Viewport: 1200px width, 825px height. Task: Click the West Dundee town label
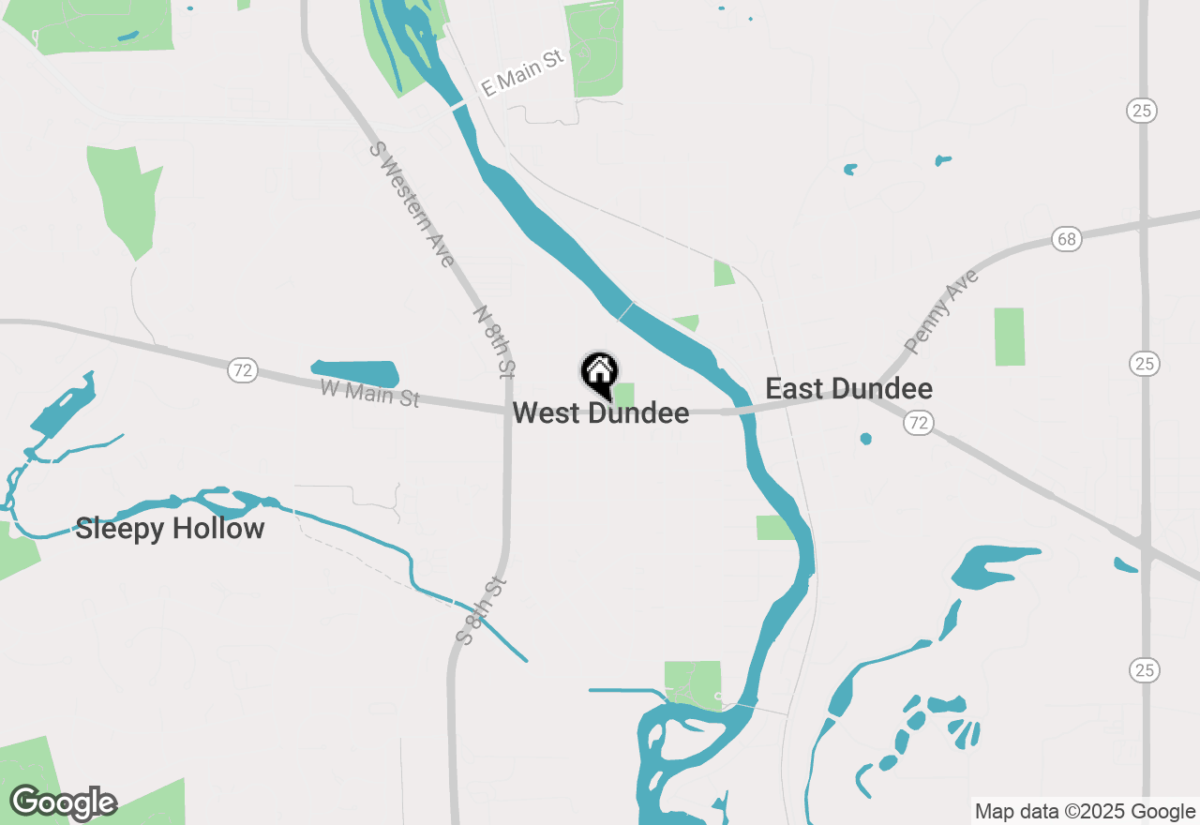click(x=601, y=412)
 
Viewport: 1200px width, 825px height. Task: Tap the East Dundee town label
click(x=848, y=388)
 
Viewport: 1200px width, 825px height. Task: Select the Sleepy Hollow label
click(x=170, y=529)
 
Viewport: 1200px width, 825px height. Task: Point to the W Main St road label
click(x=369, y=393)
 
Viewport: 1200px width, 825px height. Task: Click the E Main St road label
click(x=522, y=73)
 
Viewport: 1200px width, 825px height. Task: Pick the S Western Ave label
click(x=412, y=203)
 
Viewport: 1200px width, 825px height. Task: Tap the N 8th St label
click(x=494, y=341)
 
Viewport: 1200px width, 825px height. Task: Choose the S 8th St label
click(x=482, y=610)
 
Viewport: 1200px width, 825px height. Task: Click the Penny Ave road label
click(x=941, y=311)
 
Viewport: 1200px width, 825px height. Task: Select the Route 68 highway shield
click(x=1067, y=238)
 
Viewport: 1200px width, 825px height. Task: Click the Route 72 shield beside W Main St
click(x=243, y=370)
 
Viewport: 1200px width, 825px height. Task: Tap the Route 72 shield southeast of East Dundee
click(x=919, y=424)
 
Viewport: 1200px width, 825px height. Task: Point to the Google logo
click(x=64, y=802)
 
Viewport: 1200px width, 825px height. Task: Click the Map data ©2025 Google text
click(x=1085, y=811)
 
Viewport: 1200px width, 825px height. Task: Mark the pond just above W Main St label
click(x=355, y=373)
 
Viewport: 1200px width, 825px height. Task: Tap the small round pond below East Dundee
click(x=865, y=439)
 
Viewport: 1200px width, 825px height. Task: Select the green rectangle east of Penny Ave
click(x=1010, y=337)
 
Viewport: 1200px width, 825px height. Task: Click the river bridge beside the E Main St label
click(x=458, y=107)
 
